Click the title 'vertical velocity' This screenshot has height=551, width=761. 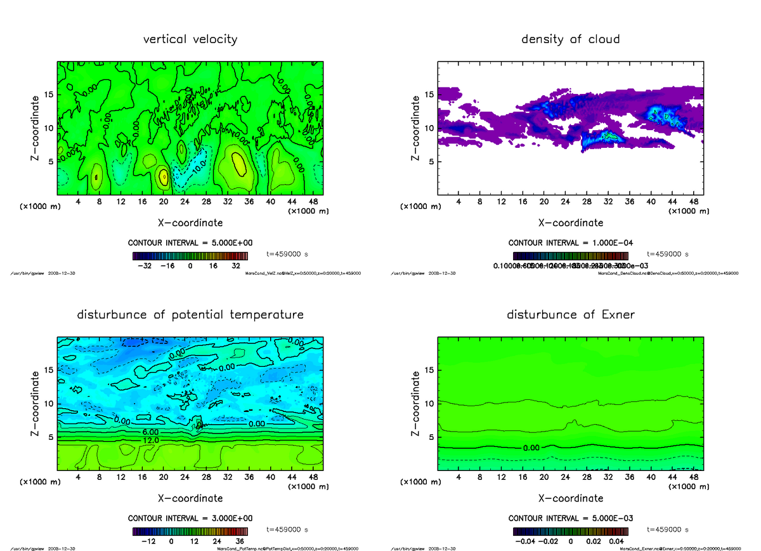coord(190,39)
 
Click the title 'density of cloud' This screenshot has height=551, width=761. coord(570,39)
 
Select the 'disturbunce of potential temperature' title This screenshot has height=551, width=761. coord(190,315)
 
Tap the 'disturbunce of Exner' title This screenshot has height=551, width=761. coord(570,315)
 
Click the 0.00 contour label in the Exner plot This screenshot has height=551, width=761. coord(531,448)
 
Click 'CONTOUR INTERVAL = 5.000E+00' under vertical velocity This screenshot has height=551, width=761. coord(190,243)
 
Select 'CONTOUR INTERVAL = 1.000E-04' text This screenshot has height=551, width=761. coord(570,243)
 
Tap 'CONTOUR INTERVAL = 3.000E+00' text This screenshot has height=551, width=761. coord(190,518)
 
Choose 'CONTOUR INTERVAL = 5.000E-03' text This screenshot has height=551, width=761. coord(570,518)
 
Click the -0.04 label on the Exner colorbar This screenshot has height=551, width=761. coord(528,541)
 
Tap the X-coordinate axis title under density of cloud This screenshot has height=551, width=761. coord(570,223)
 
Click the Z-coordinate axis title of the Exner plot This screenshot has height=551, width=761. coord(417,404)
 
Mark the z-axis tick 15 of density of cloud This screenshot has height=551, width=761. coord(429,95)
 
